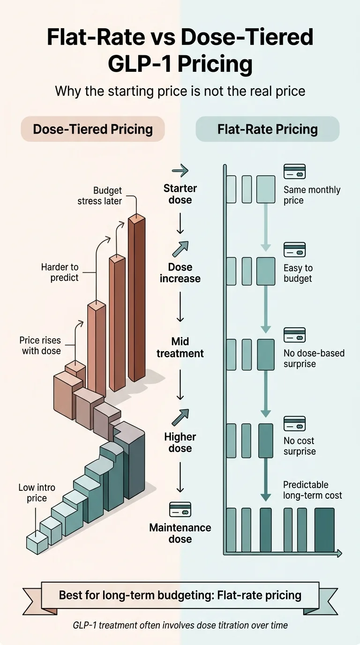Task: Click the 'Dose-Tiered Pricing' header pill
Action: (93, 129)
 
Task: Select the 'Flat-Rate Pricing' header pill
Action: (267, 129)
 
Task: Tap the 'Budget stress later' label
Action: (107, 195)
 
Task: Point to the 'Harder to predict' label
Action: (60, 272)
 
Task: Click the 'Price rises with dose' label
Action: (40, 345)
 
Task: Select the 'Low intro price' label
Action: (37, 493)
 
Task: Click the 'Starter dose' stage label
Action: (180, 194)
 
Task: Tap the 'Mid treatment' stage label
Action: (180, 347)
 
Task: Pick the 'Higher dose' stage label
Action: (180, 442)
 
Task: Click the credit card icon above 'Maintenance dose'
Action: (180, 509)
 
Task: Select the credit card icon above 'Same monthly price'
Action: (294, 172)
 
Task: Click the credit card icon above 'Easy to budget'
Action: (294, 249)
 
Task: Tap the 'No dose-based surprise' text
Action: (314, 358)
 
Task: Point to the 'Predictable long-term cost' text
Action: (313, 490)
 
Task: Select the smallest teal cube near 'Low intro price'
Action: (37, 542)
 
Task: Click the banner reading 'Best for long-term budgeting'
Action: (180, 595)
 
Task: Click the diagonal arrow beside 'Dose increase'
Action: (180, 249)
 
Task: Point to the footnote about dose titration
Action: (180, 625)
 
